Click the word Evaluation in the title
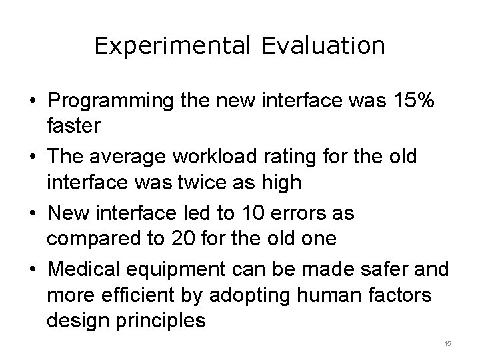pos(323,46)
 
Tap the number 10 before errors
pos(267,214)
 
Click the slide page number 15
pos(447,343)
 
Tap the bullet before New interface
pos(33,215)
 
